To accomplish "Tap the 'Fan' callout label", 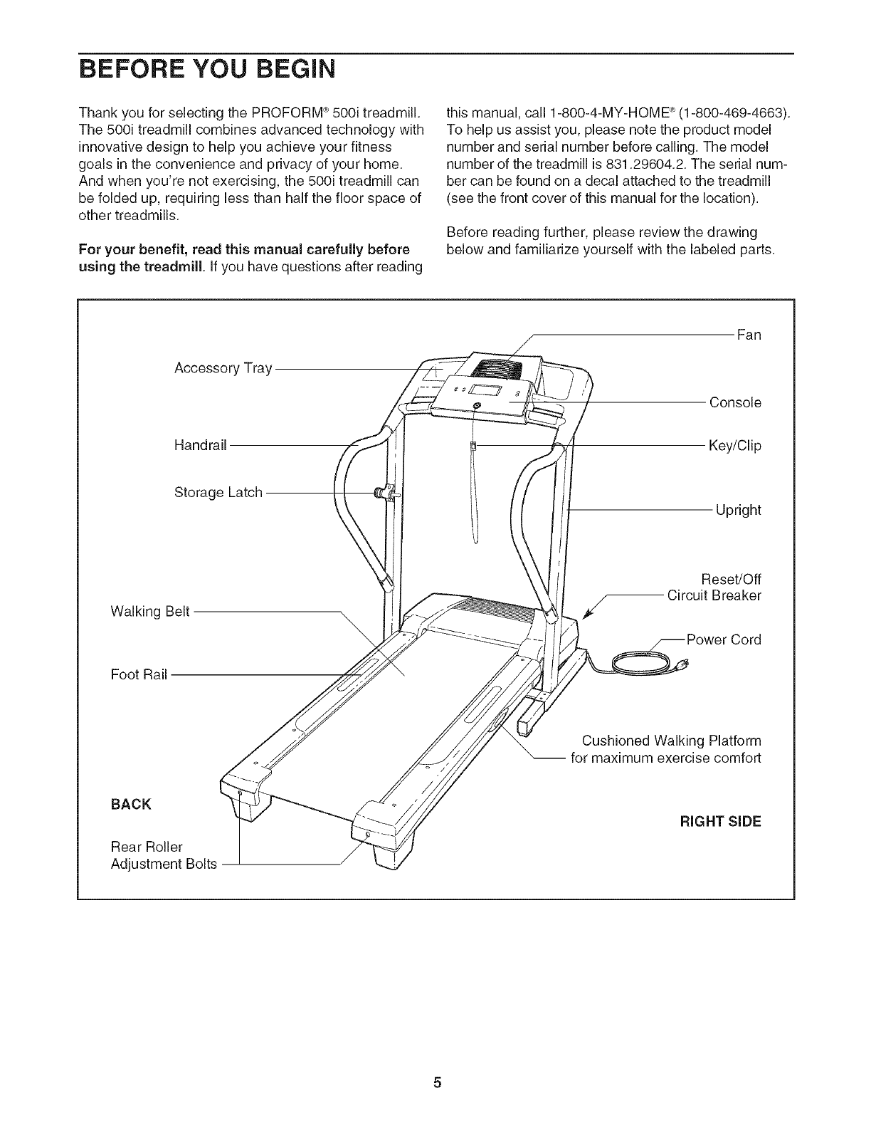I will coord(749,335).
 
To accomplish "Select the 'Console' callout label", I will coord(735,402).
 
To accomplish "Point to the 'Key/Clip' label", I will coord(734,446).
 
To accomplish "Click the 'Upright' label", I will coord(738,510).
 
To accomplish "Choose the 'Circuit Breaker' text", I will coord(714,595).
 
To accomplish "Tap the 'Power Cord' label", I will coord(723,639).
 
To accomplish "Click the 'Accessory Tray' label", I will coord(223,368).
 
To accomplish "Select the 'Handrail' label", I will coord(200,445).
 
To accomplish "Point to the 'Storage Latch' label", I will coord(218,492).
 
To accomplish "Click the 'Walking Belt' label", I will coord(150,612).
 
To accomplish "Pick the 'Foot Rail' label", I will coord(139,674).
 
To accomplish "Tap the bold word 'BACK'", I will coord(131,804).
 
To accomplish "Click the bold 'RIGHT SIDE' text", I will coord(721,821).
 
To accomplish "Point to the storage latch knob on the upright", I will coord(386,493).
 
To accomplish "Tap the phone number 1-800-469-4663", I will coord(744,113).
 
